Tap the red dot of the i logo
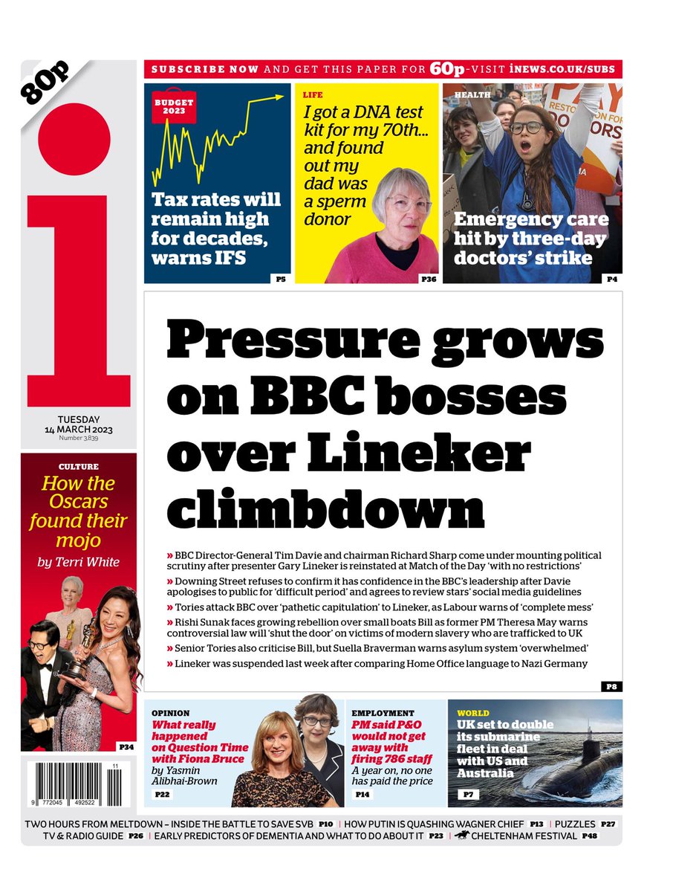[74, 140]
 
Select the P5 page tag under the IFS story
[280, 279]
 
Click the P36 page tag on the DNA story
[429, 279]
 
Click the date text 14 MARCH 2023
[78, 430]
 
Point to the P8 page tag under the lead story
[613, 686]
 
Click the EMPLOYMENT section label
[383, 713]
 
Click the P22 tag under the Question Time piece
[163, 795]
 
